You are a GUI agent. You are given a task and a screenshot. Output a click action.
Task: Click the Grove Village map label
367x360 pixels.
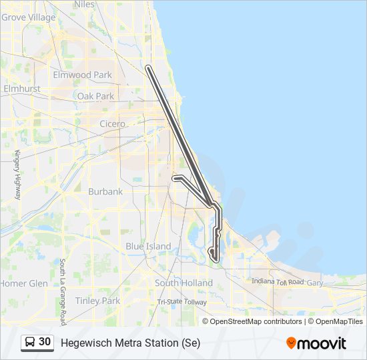click(x=29, y=17)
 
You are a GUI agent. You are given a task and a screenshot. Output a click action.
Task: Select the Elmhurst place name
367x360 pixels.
click(x=22, y=88)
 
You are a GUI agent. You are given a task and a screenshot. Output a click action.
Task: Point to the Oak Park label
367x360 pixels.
click(x=95, y=96)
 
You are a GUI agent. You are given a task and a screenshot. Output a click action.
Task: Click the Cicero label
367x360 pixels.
click(x=112, y=124)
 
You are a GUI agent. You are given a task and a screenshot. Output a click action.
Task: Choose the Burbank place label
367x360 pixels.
click(x=105, y=191)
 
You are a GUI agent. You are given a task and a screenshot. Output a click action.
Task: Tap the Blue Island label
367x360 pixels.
click(x=148, y=246)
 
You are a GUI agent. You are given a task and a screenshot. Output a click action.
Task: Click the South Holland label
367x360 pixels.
click(x=183, y=283)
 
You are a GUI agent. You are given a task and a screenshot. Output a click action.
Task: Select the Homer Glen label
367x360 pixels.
click(x=24, y=283)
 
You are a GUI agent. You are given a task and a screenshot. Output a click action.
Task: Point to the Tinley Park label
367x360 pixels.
click(x=97, y=301)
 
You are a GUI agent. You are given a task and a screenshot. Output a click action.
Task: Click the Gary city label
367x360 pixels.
click(x=314, y=283)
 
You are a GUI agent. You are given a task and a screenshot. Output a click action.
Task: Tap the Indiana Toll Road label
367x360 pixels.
click(x=278, y=282)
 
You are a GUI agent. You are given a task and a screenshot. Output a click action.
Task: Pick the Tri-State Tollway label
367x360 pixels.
click(x=181, y=302)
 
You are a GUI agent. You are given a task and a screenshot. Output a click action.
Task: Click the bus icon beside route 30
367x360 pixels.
click(x=30, y=342)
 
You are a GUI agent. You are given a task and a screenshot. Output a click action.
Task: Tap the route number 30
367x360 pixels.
click(x=45, y=342)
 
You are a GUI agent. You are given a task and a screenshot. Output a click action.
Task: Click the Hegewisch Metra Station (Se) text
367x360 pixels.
click(x=130, y=343)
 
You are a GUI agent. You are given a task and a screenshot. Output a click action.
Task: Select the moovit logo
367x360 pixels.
click(x=316, y=343)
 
